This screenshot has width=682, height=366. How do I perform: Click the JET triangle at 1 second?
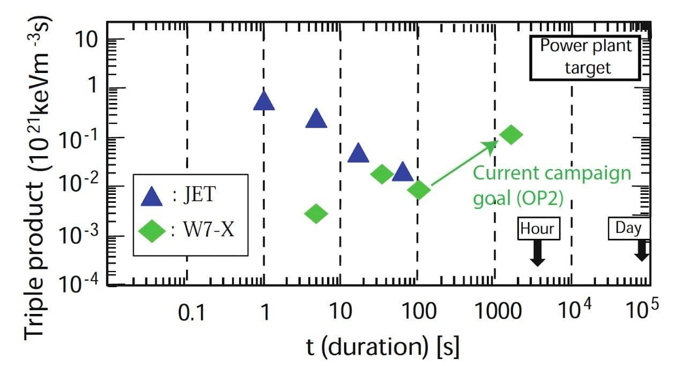click(x=264, y=101)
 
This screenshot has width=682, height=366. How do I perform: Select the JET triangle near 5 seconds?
click(x=316, y=119)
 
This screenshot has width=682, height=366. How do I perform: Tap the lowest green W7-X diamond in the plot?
click(x=316, y=214)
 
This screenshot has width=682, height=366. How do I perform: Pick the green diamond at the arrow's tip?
click(x=510, y=134)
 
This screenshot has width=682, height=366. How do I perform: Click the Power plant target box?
click(x=586, y=57)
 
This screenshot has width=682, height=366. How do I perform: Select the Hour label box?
click(x=538, y=228)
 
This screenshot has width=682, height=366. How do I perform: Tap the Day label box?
click(x=628, y=228)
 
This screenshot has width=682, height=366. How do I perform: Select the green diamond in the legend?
click(x=152, y=232)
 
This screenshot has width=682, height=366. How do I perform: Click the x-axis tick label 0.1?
click(x=191, y=313)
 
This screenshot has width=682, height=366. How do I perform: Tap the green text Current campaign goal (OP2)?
click(x=552, y=185)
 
